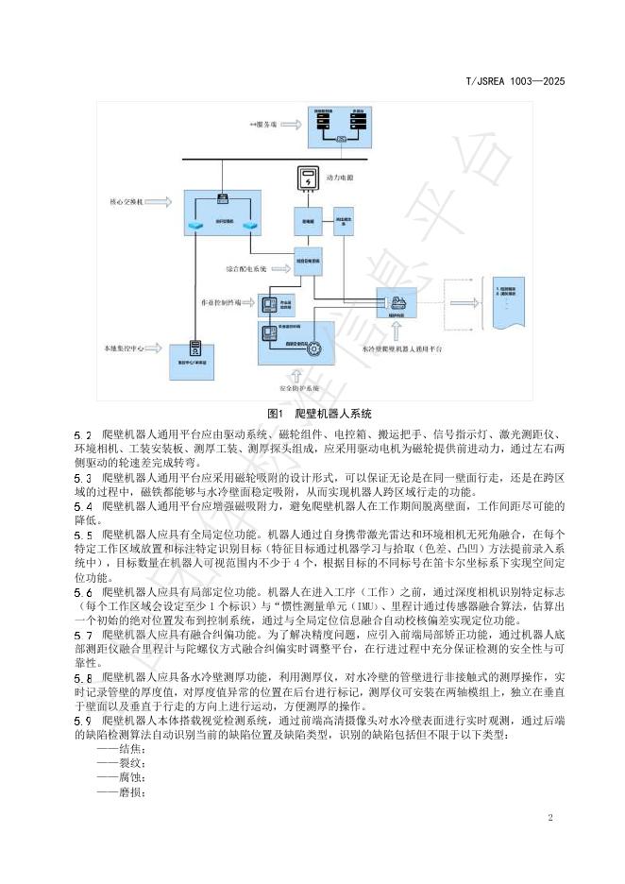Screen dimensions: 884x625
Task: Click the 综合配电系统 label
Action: (246, 268)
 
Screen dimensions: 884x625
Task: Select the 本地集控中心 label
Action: (127, 348)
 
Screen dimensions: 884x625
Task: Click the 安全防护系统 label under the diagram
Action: (302, 388)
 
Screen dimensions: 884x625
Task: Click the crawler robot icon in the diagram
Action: (395, 304)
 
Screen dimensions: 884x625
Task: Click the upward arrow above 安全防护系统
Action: (301, 374)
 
